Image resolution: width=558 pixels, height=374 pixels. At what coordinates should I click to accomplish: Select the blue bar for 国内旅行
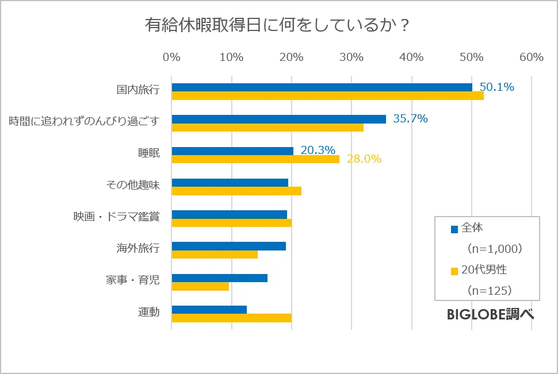[322, 87]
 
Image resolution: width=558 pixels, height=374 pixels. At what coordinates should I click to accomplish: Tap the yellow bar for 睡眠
[255, 159]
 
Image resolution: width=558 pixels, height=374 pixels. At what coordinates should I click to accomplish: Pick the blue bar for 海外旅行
[228, 246]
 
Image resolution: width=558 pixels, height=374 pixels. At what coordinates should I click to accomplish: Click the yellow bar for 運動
[231, 318]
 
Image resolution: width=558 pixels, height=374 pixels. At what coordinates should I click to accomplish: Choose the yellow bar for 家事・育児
[200, 286]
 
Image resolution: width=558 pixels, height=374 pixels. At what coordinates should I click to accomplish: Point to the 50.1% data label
[497, 87]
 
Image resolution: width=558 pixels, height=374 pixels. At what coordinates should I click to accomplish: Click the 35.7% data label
[410, 119]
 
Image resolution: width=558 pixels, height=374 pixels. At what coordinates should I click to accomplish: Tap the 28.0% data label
[364, 159]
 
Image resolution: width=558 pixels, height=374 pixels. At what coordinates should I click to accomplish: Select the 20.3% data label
[318, 150]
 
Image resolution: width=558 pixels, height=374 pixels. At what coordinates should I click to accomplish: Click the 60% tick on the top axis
[531, 57]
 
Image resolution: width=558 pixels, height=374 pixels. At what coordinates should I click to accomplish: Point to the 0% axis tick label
[171, 57]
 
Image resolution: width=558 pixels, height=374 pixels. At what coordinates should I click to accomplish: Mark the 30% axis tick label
[351, 57]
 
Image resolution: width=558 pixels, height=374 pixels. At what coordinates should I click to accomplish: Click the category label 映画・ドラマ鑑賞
[116, 217]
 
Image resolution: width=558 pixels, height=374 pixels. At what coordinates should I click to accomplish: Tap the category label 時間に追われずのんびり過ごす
[84, 121]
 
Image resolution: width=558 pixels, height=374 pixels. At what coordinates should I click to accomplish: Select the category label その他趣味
[133, 185]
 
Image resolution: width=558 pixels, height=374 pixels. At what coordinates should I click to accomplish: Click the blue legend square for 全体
[454, 229]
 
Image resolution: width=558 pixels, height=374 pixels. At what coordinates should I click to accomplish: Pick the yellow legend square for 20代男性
[454, 270]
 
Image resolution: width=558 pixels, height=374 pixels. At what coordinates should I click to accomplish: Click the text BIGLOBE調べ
[490, 314]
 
